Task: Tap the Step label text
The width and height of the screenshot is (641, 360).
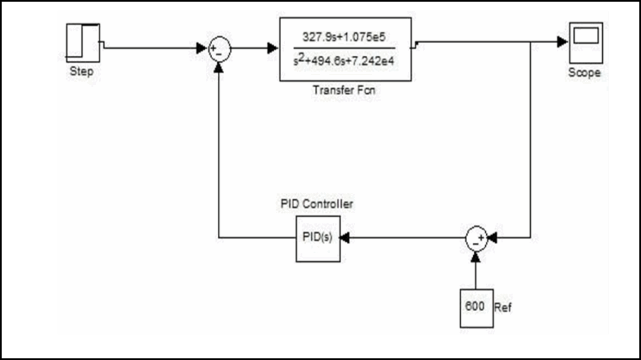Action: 82,71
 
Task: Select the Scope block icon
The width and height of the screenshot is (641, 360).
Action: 586,43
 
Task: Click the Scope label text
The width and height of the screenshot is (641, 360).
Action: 585,73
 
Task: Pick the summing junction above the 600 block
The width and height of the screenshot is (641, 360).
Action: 476,238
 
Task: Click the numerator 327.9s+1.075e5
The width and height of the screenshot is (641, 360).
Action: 345,37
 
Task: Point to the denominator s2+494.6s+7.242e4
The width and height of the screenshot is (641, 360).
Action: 345,61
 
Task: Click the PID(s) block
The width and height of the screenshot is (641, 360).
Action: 318,239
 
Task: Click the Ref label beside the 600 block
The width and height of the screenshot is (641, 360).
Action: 503,308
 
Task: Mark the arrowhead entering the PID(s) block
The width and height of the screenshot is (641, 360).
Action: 345,239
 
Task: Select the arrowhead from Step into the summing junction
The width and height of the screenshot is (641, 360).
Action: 202,48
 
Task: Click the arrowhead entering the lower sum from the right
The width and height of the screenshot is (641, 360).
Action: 492,239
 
